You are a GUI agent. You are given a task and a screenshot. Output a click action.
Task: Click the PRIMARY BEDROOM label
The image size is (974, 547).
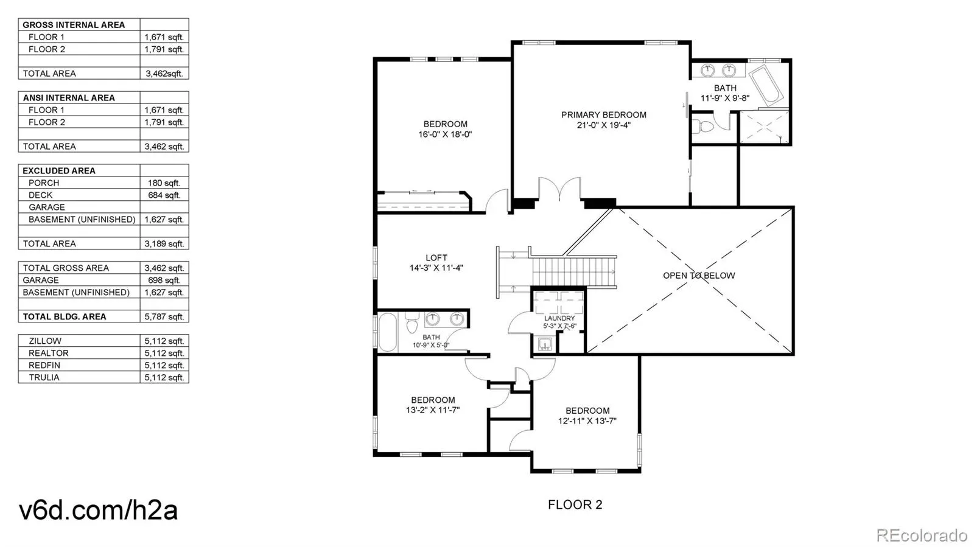603,115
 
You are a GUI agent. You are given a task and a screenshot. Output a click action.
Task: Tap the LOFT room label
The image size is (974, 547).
436,257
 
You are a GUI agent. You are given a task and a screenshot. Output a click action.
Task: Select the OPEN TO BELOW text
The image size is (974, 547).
699,276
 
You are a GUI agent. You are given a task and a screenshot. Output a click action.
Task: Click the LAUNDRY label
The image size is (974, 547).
559,318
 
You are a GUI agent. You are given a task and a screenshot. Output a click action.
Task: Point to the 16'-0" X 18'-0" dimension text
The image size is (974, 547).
445,134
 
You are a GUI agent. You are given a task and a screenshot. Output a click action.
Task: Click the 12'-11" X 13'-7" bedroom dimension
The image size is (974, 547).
587,420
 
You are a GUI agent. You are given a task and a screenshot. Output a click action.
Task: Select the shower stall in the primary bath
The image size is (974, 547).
764,127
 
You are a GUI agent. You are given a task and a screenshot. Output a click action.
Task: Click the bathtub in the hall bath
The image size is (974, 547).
387,332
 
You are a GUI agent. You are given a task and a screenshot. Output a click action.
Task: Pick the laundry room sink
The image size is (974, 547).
545,344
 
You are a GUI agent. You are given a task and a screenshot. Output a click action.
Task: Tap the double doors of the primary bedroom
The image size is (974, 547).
559,189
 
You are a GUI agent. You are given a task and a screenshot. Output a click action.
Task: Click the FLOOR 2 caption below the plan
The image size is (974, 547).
575,505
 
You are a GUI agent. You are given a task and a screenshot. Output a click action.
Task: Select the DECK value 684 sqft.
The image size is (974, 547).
164,195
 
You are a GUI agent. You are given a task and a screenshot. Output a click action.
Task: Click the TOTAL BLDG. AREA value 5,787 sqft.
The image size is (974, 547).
164,317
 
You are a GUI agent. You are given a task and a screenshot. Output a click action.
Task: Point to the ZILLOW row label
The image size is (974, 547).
45,341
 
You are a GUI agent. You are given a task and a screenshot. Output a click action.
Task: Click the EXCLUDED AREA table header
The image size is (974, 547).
58,171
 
